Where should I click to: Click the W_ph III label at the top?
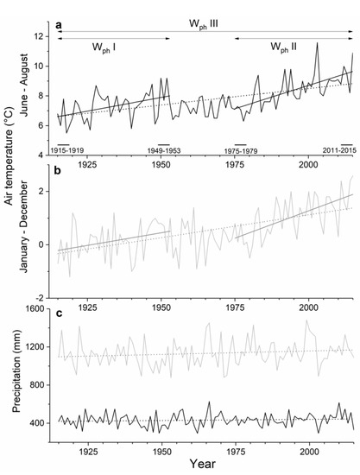pyautogui.click(x=205, y=16)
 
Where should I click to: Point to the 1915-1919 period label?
pyautogui.click(x=68, y=149)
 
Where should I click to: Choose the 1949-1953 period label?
pyautogui.click(x=163, y=149)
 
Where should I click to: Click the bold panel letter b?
pyautogui.click(x=59, y=172)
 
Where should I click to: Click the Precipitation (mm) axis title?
pyautogui.click(x=9, y=384)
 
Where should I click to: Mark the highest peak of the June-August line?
pyautogui.click(x=317, y=42)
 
